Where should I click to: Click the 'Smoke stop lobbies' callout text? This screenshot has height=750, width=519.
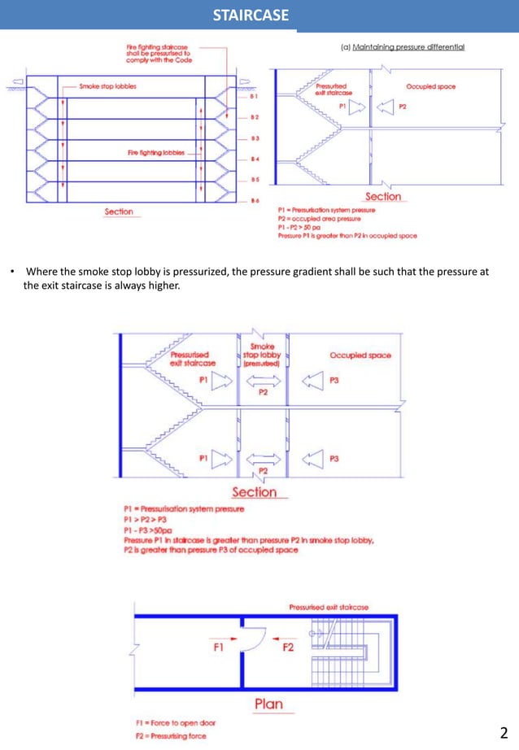[107, 85]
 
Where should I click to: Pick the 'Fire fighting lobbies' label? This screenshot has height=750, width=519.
[155, 152]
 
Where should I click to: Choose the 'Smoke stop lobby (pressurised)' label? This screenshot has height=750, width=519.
[262, 355]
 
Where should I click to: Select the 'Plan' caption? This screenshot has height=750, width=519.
[268, 703]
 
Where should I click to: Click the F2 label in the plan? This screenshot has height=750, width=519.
[288, 648]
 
